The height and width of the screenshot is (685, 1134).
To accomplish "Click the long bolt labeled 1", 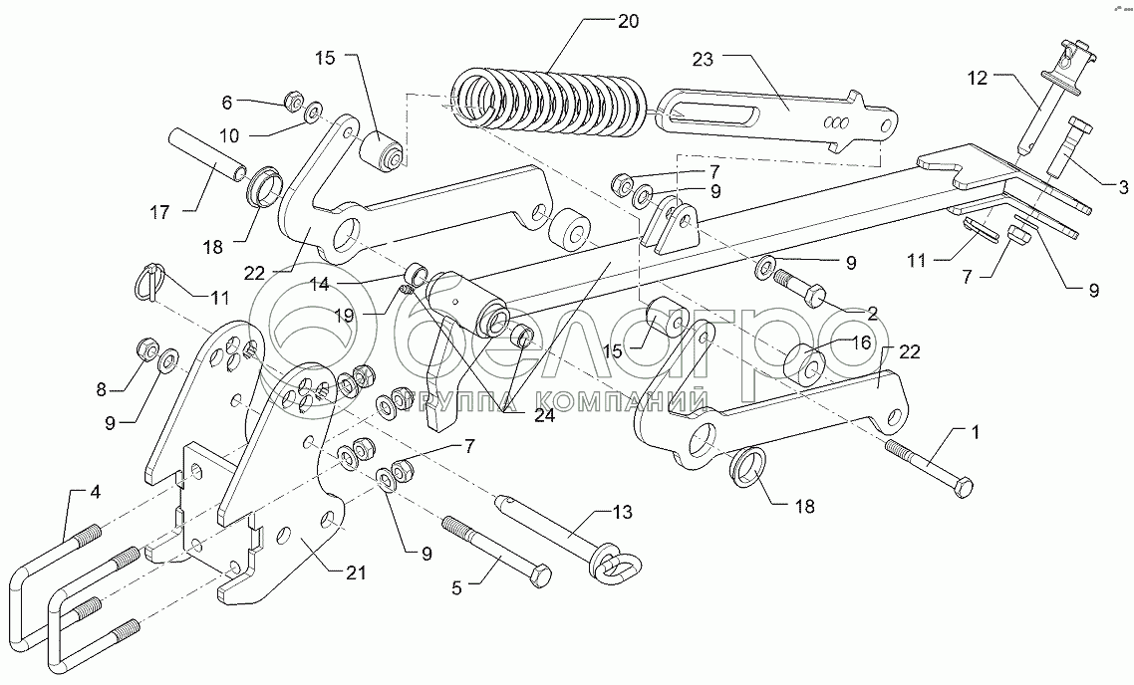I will [928, 467].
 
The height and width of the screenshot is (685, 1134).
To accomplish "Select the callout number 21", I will [356, 572].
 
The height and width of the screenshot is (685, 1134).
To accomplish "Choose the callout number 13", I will [622, 513].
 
